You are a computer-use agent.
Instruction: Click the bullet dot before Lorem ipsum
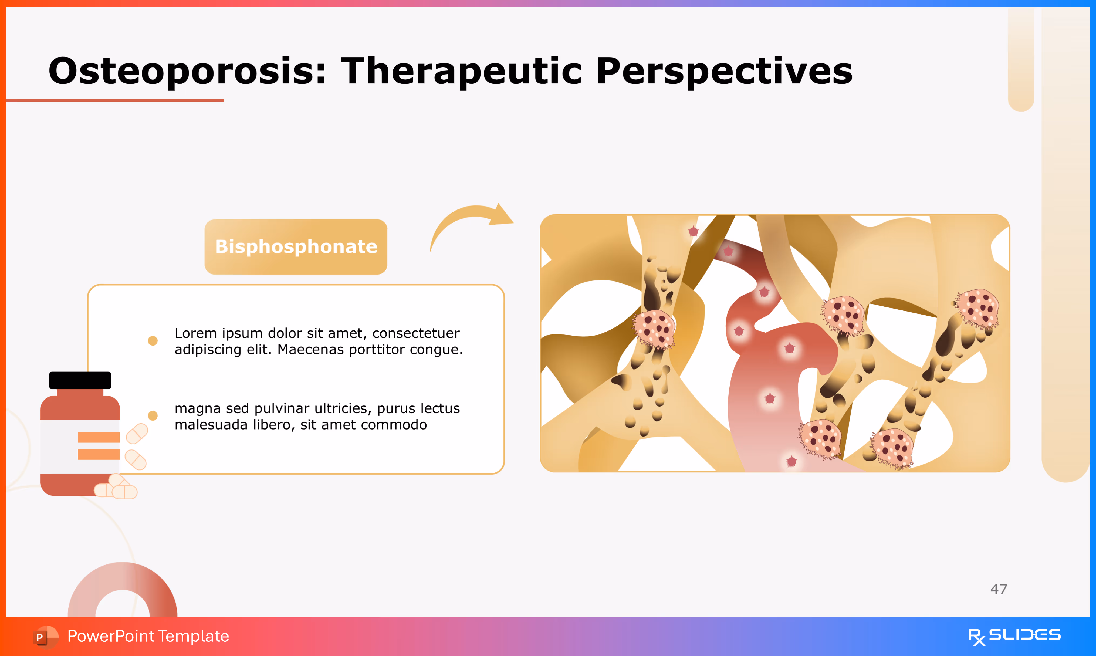[x=153, y=341]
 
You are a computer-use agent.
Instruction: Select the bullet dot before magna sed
[x=153, y=415]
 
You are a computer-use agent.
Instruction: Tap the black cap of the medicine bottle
[x=80, y=380]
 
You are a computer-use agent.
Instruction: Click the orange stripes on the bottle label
[x=99, y=446]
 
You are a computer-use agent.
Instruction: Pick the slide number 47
[x=999, y=589]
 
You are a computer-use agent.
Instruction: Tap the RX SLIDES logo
[x=1014, y=637]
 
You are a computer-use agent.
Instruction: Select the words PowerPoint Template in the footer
[x=148, y=636]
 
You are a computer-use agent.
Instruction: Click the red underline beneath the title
[x=115, y=100]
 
